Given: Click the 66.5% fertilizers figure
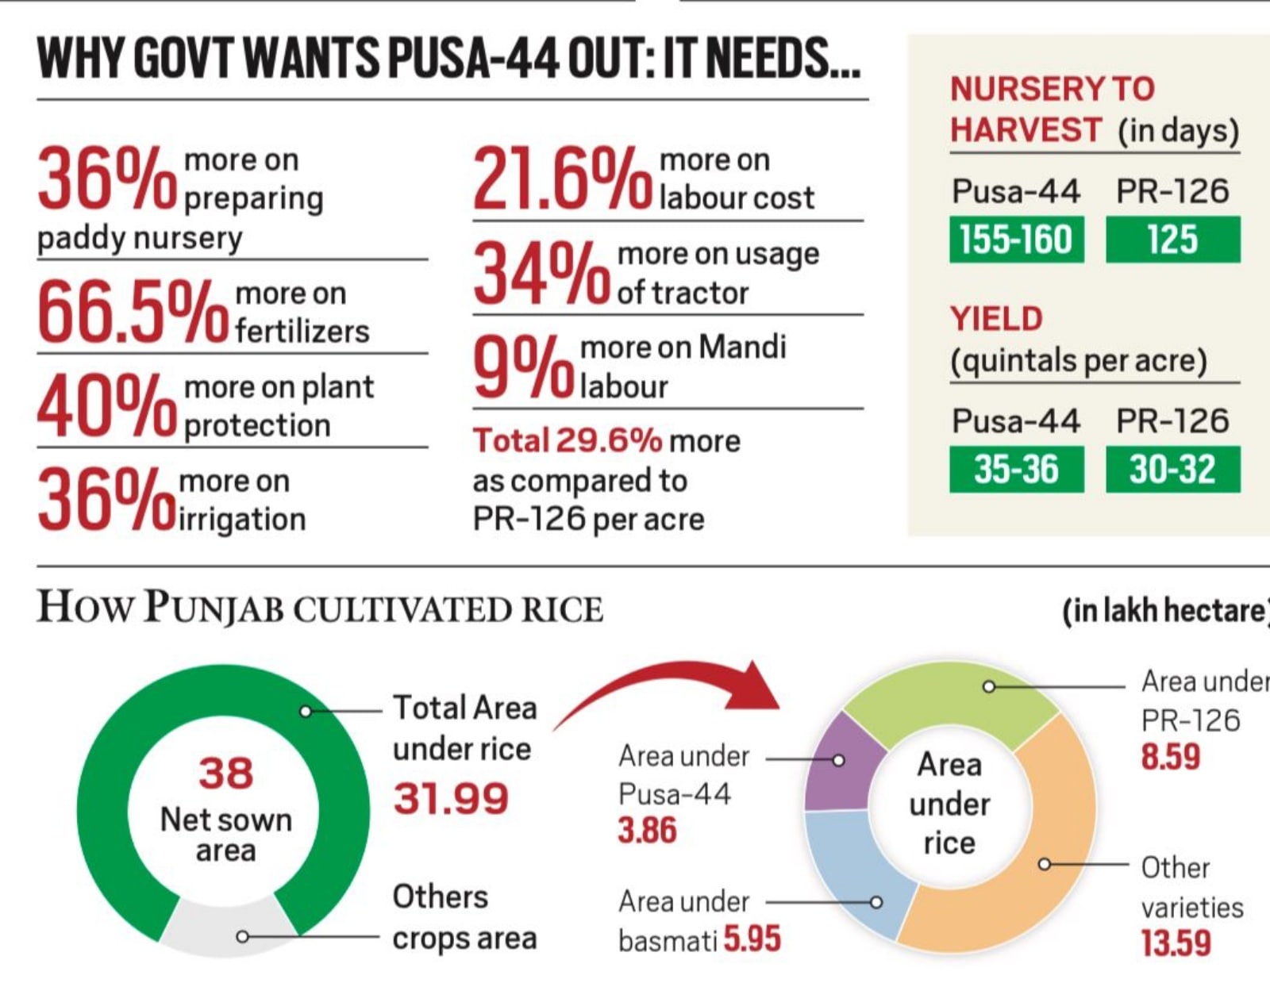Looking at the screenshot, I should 132,312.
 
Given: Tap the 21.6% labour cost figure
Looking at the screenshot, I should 561,179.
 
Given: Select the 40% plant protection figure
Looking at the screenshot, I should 107,406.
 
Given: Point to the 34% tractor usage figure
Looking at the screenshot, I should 542,274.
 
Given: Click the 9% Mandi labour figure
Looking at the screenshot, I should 523,367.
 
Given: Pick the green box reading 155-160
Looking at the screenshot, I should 1016,240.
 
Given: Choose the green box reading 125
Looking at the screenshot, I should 1172,240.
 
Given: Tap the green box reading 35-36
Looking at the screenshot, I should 1016,470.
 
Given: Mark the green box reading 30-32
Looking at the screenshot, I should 1172,470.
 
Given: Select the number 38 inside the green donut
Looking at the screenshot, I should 225,773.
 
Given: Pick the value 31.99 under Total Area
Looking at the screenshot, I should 451,798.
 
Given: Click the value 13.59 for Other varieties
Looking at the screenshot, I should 1176,943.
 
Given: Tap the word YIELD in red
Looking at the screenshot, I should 996,319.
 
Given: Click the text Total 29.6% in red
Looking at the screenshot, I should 567,441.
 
